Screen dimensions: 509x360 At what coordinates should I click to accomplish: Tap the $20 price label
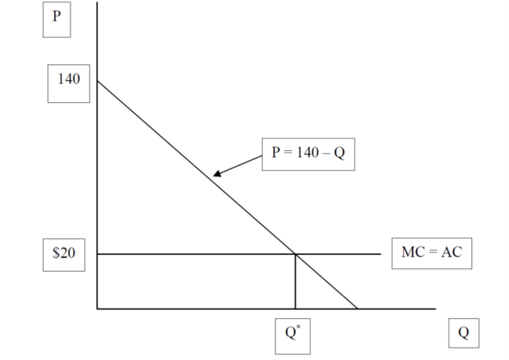[x=64, y=254]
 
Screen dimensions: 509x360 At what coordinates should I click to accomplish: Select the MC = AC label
[x=432, y=253]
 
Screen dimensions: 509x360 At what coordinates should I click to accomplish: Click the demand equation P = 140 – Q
[x=308, y=154]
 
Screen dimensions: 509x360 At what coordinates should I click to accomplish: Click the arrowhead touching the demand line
[x=215, y=175]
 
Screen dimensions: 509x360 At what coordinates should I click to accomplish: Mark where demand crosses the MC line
[x=295, y=254]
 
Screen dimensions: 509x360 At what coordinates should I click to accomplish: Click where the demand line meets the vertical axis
[x=97, y=80]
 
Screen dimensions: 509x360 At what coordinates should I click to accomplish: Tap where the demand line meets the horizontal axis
[x=357, y=309]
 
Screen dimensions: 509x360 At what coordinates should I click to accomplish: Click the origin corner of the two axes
[x=97, y=309]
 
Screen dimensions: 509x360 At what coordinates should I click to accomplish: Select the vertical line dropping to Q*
[x=295, y=282]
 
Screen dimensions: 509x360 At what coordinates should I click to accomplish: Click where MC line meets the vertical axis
[x=97, y=254]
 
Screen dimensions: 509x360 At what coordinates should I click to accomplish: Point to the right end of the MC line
[x=381, y=254]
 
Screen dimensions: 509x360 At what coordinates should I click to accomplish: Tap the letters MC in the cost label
[x=412, y=253]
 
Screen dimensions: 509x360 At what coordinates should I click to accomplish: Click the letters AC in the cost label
[x=451, y=253]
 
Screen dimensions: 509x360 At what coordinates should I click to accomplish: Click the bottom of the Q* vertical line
[x=295, y=308]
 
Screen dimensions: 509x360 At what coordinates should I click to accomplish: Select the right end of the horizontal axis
[x=435, y=309]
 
